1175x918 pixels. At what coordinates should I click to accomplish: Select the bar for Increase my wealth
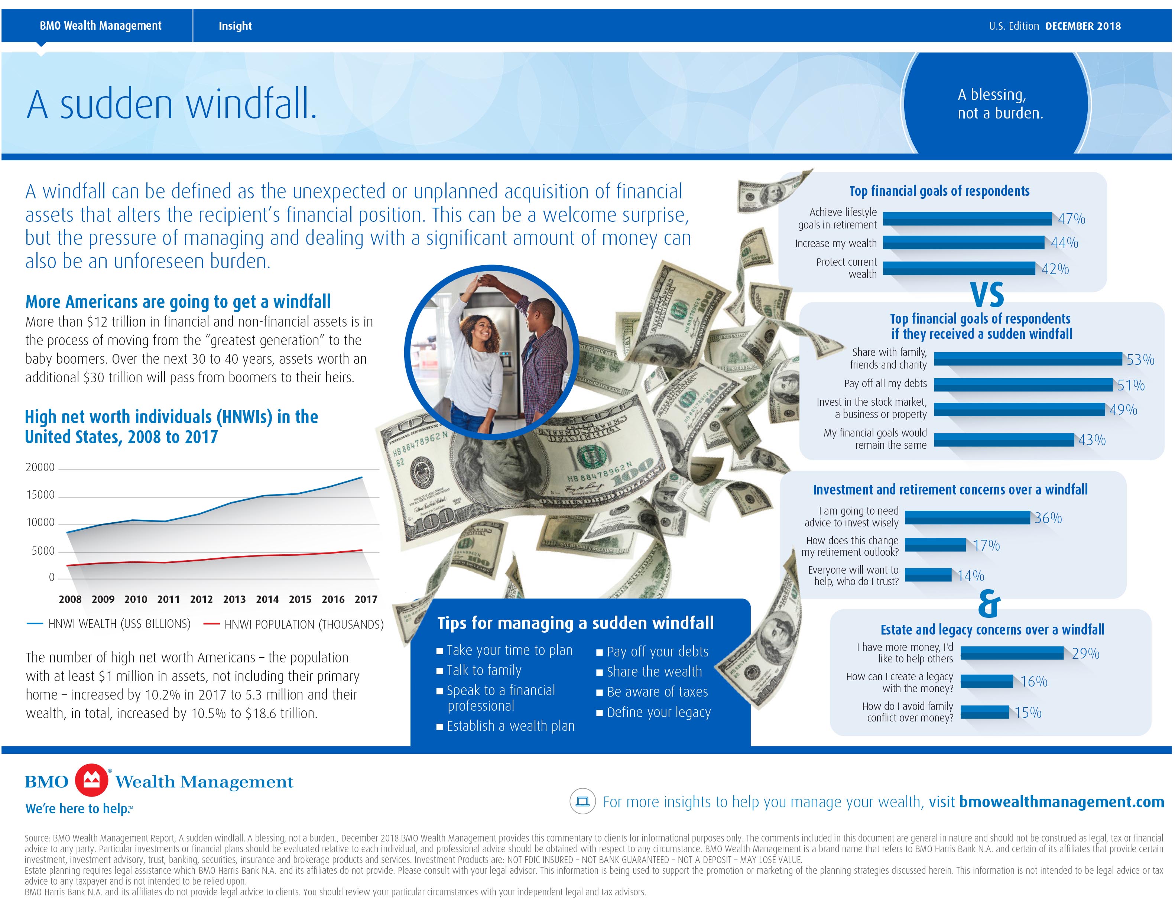[x=963, y=243]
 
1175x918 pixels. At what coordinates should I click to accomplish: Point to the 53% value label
[x=1140, y=360]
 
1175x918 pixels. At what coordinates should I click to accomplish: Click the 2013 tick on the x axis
[x=234, y=599]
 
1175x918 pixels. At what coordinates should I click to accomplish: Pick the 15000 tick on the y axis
[x=40, y=495]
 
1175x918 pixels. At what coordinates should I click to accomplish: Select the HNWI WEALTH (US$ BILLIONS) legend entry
[x=119, y=624]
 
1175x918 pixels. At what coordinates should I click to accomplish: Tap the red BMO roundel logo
[x=91, y=780]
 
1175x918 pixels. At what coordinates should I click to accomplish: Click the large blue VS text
[x=987, y=295]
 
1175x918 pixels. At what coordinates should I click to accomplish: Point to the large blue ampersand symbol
[x=989, y=604]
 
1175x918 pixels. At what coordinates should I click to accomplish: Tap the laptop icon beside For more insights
[x=582, y=802]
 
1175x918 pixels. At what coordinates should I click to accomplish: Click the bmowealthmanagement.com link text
[x=1061, y=802]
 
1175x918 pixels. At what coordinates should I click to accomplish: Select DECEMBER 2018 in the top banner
[x=1083, y=26]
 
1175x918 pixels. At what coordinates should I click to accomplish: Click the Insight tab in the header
[x=235, y=26]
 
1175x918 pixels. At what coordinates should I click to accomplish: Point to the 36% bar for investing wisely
[x=967, y=518]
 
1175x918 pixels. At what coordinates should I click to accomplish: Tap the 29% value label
[x=1085, y=653]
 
